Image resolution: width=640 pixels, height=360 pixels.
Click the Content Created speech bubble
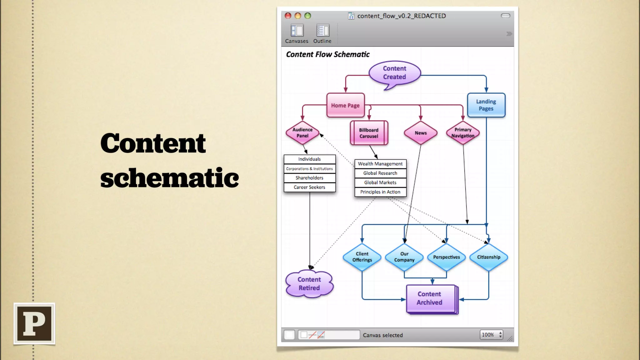(x=394, y=73)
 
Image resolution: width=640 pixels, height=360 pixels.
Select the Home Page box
(x=345, y=105)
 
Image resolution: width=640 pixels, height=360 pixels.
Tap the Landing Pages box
(x=486, y=105)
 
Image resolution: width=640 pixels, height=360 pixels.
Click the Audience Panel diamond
(x=302, y=133)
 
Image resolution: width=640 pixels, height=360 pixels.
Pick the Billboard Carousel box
(x=369, y=133)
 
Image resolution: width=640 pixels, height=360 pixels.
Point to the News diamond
(x=421, y=133)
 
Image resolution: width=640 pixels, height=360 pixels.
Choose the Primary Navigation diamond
(x=463, y=133)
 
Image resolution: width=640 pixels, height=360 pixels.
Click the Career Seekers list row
(x=309, y=187)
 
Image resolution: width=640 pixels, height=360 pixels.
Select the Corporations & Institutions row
(x=309, y=168)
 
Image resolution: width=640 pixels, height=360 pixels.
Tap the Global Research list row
(x=380, y=173)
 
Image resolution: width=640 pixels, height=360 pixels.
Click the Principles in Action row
(x=380, y=192)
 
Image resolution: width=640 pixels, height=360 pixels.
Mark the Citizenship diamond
(x=488, y=257)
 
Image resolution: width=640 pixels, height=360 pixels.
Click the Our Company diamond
(x=404, y=257)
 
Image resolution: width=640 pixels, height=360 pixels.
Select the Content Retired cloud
(x=309, y=284)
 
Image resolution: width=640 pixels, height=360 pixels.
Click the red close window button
(x=288, y=16)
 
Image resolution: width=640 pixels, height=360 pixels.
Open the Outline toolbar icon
(x=322, y=34)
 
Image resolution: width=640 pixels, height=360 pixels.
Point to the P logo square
(x=34, y=323)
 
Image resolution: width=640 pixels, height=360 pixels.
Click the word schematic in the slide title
(x=169, y=178)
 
